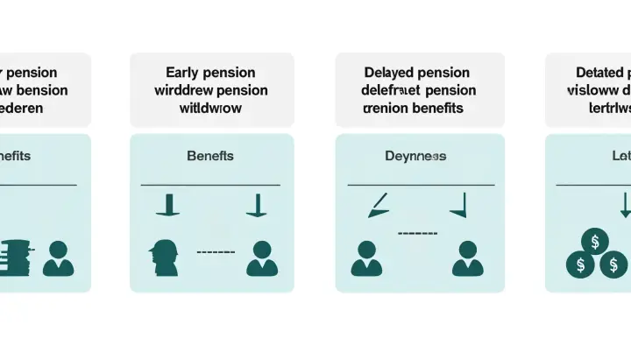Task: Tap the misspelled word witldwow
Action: pos(212,109)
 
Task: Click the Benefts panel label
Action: pos(211,156)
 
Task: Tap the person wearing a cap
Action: pos(164,258)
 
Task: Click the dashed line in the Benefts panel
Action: pos(216,252)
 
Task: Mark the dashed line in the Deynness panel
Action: pos(417,233)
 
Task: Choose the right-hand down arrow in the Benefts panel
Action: pos(256,207)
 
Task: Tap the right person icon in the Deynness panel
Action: pos(466,258)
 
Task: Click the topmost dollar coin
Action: pos(595,240)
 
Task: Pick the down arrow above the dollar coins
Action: pos(624,206)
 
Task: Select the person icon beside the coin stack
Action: pos(59,258)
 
